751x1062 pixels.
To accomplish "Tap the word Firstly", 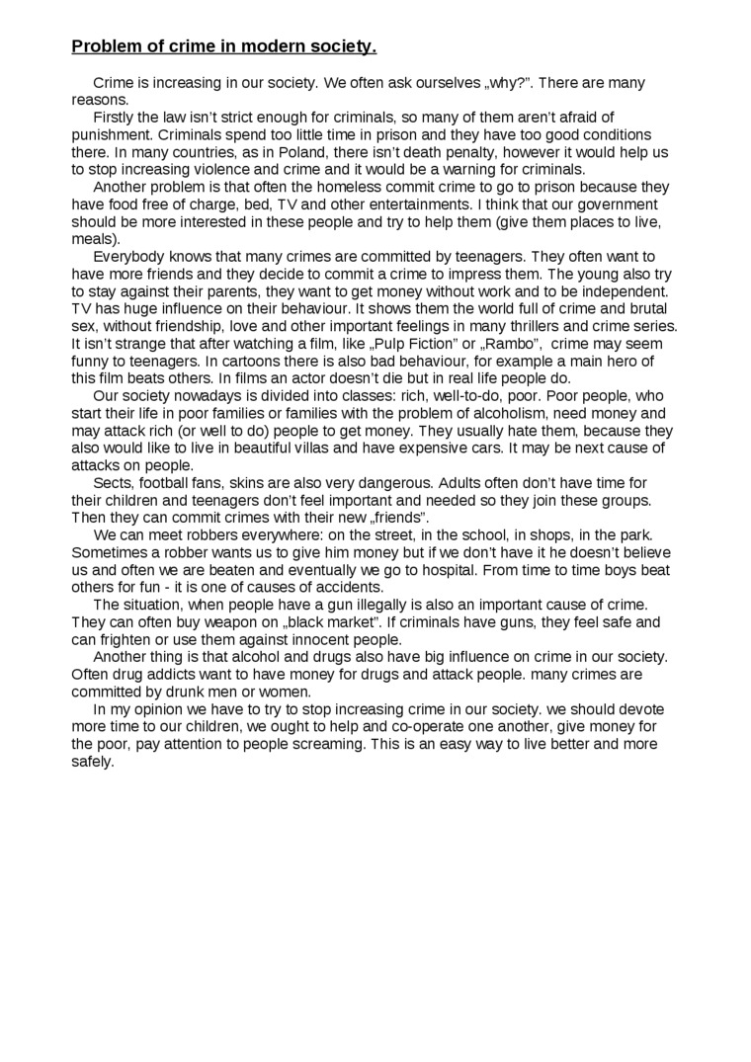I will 116,118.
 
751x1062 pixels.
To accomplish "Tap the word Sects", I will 113,483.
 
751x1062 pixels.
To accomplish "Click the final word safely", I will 93,762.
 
